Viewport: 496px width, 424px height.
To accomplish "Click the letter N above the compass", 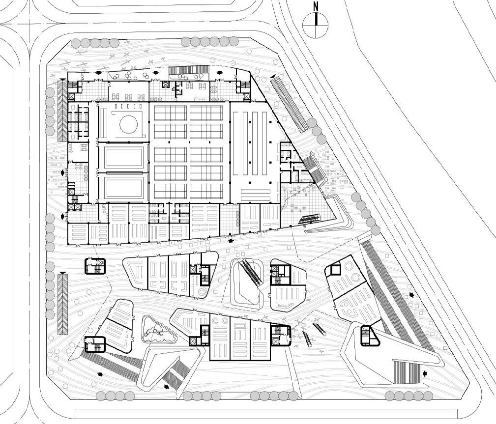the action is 316,6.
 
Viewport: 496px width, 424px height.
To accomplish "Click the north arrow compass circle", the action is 315,25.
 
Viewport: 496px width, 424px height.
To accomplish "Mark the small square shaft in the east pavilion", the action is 336,269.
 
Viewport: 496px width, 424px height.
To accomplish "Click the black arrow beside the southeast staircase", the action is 425,374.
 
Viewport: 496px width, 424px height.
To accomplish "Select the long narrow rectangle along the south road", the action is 265,413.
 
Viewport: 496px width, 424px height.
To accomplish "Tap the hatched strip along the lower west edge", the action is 62,304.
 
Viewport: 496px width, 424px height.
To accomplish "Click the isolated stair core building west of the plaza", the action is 95,266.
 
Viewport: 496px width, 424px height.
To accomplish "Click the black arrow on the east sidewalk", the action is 411,295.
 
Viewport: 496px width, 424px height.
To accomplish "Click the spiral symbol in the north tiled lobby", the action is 215,89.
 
